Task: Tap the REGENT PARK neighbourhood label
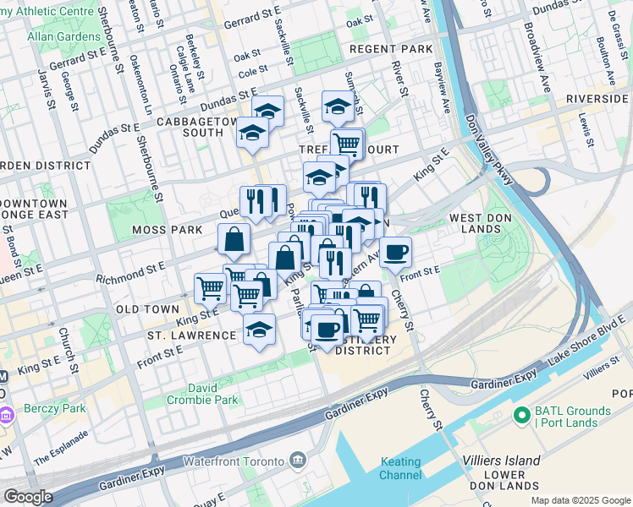pyautogui.click(x=391, y=50)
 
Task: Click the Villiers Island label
pyautogui.click(x=502, y=461)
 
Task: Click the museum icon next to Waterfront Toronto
pyautogui.click(x=298, y=460)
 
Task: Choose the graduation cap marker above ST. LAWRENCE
pyautogui.click(x=259, y=328)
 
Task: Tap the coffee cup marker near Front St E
pyautogui.click(x=395, y=251)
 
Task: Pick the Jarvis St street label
pyautogui.click(x=42, y=84)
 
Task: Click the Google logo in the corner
pyautogui.click(x=29, y=497)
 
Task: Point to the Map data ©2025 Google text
pyautogui.click(x=580, y=500)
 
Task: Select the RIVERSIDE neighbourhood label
pyautogui.click(x=598, y=99)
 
